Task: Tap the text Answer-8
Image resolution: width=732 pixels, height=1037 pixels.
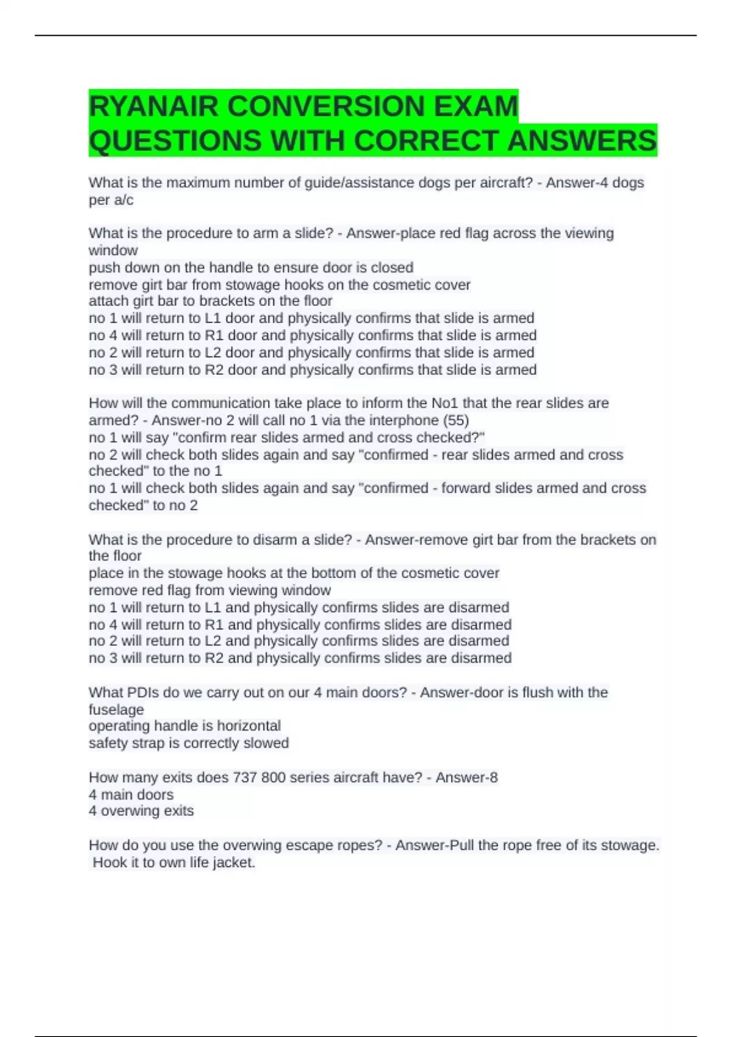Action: (467, 777)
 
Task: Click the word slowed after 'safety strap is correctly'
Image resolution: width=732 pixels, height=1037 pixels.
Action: (266, 743)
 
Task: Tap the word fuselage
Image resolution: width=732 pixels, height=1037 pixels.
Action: (116, 709)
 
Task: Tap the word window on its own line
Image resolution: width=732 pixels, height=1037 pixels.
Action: (113, 250)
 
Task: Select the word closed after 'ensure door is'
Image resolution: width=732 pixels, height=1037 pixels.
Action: (392, 267)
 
